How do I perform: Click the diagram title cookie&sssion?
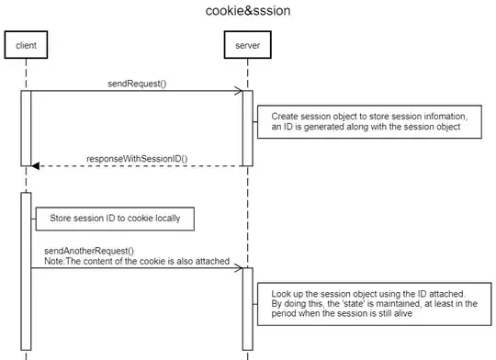pos(247,13)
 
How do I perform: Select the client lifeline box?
pos(26,44)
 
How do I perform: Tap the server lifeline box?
pos(247,44)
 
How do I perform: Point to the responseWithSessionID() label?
pos(137,158)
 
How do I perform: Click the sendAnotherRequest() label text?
pos(88,251)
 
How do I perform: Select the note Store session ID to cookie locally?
pos(115,219)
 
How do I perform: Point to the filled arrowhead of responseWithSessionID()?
pos(36,166)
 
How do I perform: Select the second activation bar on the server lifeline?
pos(247,308)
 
